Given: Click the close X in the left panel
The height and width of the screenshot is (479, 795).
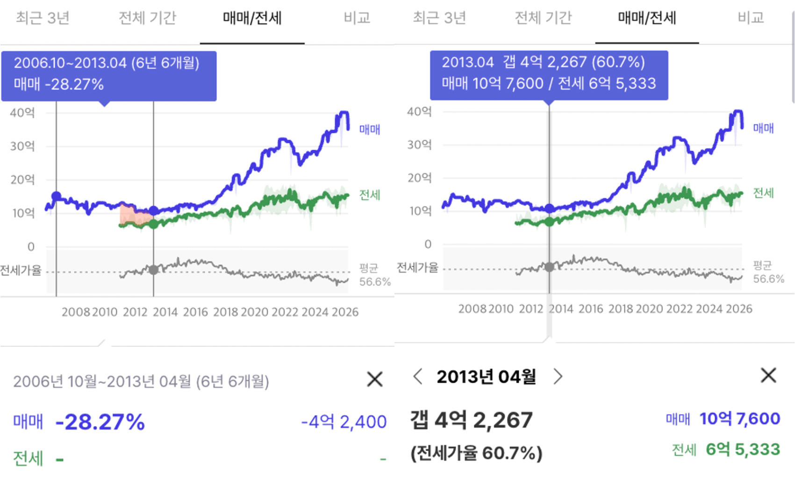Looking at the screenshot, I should (x=375, y=379).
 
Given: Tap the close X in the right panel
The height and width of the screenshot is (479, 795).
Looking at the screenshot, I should (x=768, y=375).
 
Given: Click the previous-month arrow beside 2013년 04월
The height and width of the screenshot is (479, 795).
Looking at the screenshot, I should (x=418, y=376).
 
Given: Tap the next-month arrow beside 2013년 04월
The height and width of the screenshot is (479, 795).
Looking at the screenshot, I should (x=558, y=376).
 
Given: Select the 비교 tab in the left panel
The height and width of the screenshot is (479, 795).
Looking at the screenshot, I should (x=357, y=18).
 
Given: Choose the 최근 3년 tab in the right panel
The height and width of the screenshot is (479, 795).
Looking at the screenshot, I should (x=439, y=18).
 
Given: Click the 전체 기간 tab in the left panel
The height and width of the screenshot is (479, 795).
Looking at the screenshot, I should (x=147, y=18).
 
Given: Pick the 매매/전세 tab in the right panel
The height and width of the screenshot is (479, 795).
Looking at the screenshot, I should (x=647, y=18).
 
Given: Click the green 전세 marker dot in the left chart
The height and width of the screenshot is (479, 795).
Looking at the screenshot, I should (x=153, y=225).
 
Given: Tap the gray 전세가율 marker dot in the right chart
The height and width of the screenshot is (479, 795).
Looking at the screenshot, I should (x=550, y=267).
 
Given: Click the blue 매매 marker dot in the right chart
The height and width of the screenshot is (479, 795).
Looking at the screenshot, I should (x=550, y=208).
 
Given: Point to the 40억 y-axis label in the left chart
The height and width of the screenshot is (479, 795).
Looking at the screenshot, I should (x=22, y=113).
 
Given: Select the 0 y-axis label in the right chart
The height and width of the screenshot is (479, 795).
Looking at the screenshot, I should (x=428, y=244).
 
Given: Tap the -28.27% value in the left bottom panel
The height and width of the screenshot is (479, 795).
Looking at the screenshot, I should (x=100, y=422).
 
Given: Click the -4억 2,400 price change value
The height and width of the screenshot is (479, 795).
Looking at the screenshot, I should (x=344, y=422).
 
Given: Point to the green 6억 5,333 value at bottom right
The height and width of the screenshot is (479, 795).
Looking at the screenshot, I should (x=743, y=450).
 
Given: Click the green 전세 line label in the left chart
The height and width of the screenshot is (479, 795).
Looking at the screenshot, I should (x=369, y=195).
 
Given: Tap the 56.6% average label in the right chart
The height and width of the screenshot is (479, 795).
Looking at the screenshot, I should (x=768, y=279).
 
